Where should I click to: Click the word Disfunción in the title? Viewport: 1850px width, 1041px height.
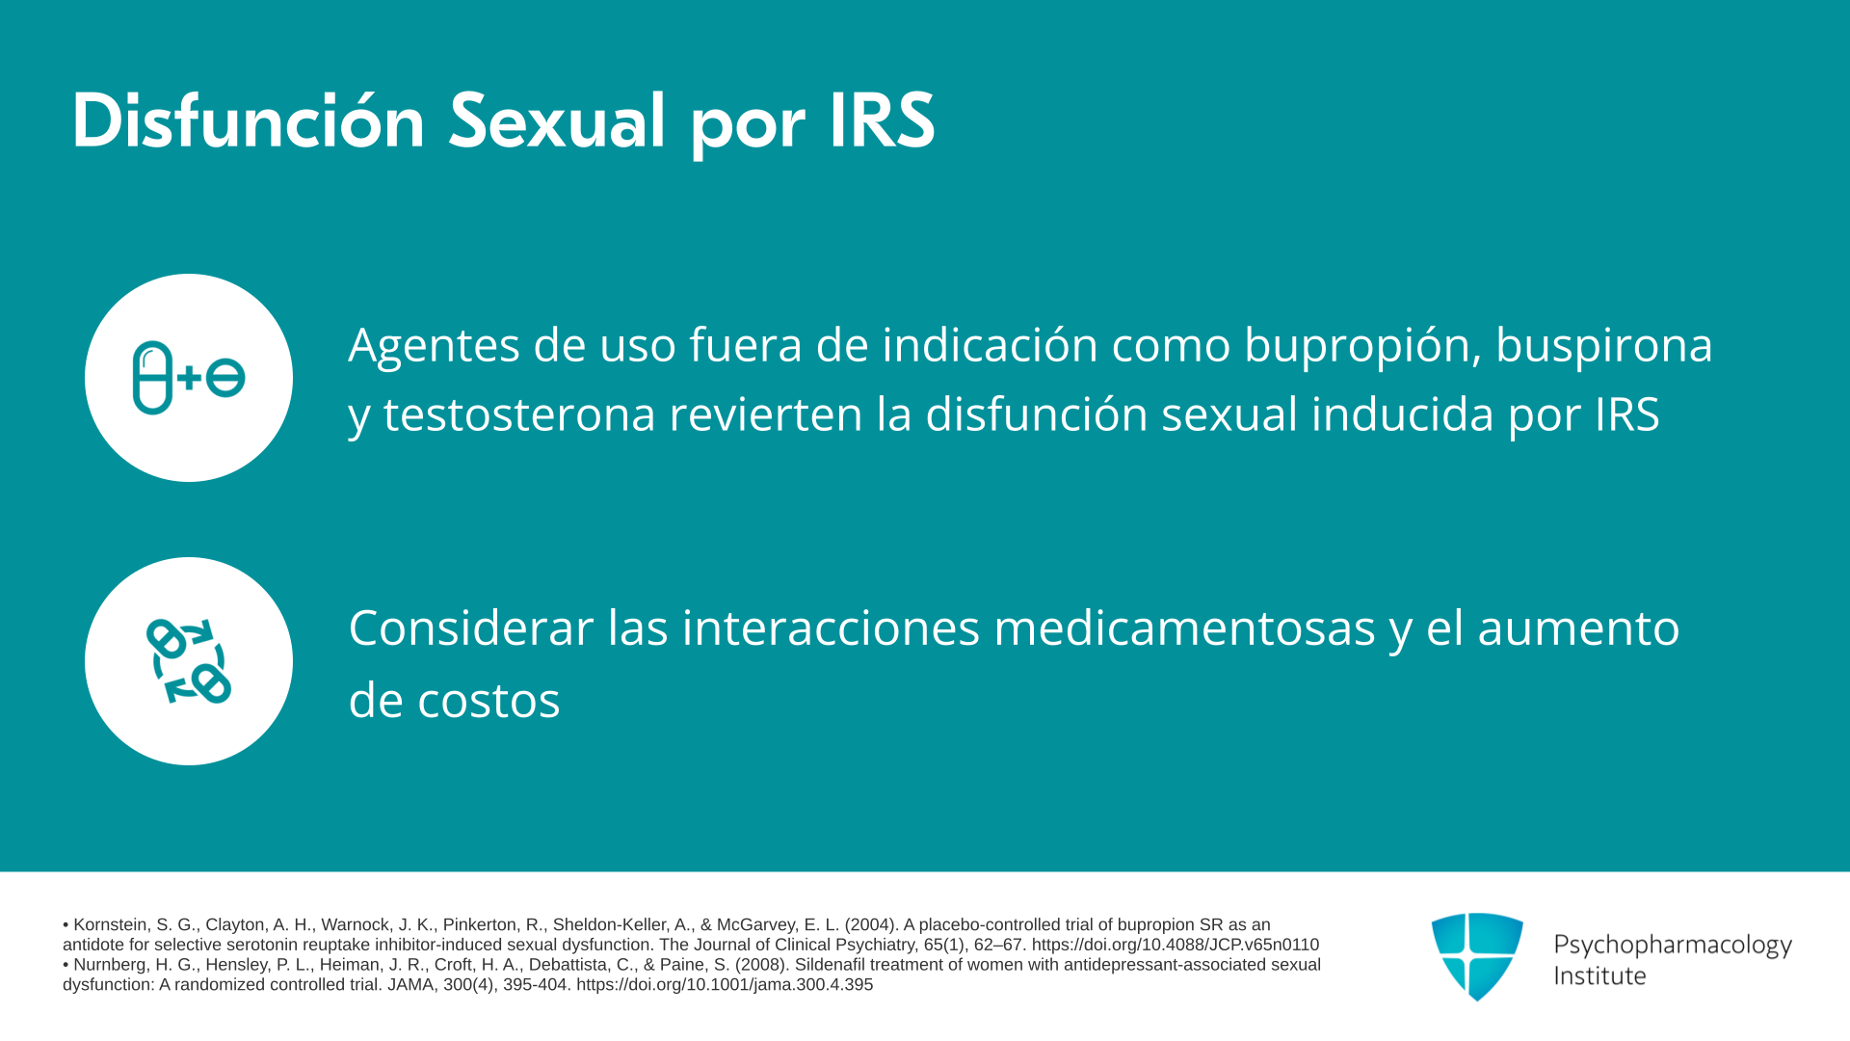(x=249, y=122)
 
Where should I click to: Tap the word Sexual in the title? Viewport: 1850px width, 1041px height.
(x=557, y=122)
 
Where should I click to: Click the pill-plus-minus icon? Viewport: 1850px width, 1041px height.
(x=189, y=378)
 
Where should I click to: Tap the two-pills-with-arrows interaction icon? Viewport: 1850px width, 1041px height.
(x=189, y=661)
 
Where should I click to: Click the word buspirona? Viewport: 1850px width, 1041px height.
(x=1604, y=345)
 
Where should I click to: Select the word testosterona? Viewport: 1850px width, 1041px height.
(x=519, y=414)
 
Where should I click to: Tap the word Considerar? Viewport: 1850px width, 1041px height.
(x=471, y=628)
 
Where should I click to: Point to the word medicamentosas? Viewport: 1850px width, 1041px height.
(x=1184, y=628)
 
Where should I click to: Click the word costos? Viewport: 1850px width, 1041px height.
(x=489, y=701)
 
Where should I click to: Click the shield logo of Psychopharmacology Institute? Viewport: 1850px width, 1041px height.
(x=1477, y=956)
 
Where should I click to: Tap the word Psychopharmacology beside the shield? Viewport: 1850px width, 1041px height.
(x=1673, y=946)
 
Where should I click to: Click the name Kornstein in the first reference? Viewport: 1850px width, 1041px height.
(x=110, y=924)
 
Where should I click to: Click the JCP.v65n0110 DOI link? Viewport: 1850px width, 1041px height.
(x=1176, y=945)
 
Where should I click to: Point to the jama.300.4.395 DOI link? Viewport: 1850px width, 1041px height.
(x=725, y=985)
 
